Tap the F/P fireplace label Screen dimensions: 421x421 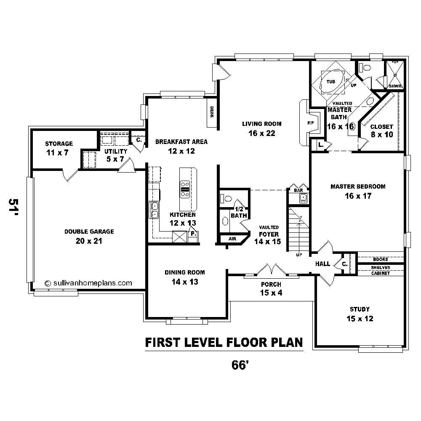[311, 123]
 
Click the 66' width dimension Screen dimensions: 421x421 [239, 365]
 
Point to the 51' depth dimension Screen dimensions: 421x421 [13, 208]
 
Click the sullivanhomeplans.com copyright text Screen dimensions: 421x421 [88, 283]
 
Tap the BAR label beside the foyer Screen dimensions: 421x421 [298, 190]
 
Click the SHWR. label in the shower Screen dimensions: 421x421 [395, 85]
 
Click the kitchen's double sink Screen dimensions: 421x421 [155, 210]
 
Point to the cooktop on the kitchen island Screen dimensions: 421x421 [185, 189]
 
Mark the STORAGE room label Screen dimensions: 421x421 [59, 144]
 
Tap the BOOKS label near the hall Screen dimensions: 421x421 [380, 259]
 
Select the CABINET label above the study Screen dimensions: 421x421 [380, 273]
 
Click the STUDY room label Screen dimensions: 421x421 [360, 309]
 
